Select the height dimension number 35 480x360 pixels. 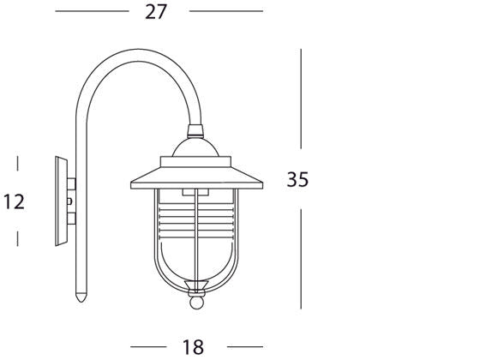tap(297, 180)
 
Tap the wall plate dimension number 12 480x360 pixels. tap(15, 202)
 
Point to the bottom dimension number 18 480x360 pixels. tap(193, 346)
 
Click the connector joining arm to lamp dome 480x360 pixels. tap(197, 132)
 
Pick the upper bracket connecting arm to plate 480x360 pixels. tap(72, 183)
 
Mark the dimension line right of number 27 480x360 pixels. tap(225, 11)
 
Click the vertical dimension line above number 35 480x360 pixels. tap(301, 103)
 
